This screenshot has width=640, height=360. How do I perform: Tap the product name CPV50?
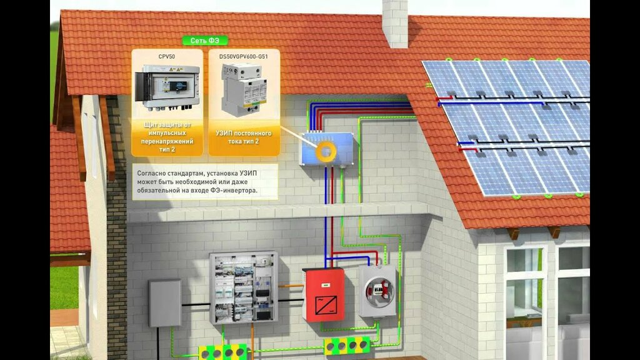pos(167,56)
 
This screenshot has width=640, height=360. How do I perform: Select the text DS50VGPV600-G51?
pos(243,56)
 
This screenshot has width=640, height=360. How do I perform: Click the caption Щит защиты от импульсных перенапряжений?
pos(167,134)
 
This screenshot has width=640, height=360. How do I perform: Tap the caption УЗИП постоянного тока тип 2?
pos(243,137)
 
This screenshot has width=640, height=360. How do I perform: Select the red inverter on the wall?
pos(323,294)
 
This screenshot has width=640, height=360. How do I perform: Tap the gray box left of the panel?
pos(165,303)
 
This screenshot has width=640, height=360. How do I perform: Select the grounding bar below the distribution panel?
pos(223,352)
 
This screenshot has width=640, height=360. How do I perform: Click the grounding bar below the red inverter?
pos(347,345)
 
